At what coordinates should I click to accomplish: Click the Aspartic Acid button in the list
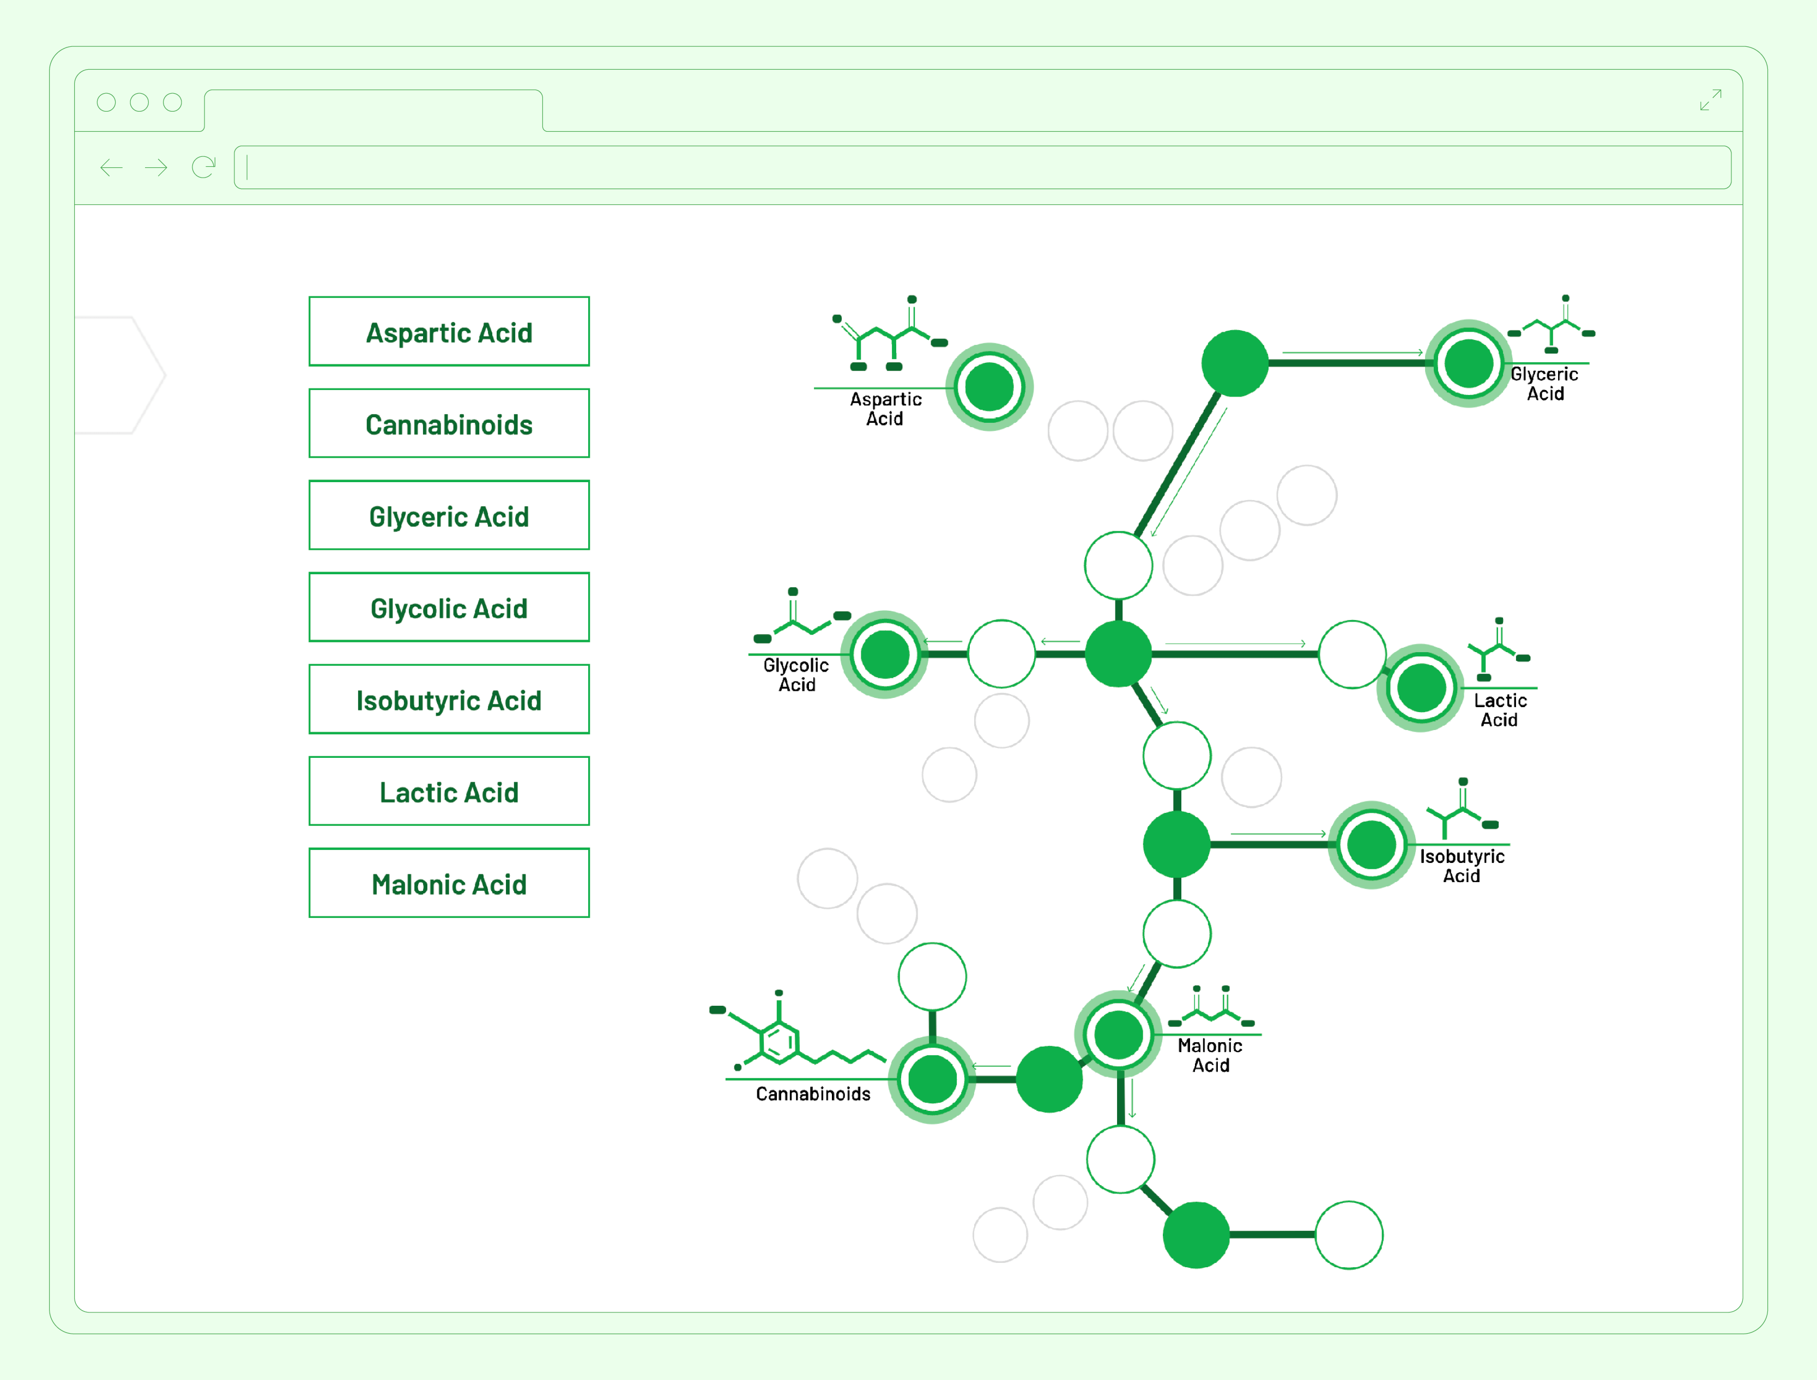click(449, 332)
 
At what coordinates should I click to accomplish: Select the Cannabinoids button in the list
click(449, 424)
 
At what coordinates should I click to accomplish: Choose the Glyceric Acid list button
click(449, 516)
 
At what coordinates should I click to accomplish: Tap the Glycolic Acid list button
click(449, 608)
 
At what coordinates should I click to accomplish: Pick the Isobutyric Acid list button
click(449, 700)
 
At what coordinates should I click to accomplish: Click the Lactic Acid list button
click(449, 792)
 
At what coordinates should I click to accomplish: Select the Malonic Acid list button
click(449, 884)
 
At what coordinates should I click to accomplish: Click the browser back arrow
click(111, 168)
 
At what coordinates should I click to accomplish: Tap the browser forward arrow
click(156, 168)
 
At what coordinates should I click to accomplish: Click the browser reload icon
click(203, 168)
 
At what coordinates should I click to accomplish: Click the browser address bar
click(982, 168)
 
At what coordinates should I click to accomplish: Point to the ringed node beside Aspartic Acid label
click(988, 387)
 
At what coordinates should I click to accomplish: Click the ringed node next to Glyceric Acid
click(1468, 363)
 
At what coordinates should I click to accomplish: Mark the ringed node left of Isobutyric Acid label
click(1371, 844)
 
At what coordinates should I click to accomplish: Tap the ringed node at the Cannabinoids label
click(932, 1079)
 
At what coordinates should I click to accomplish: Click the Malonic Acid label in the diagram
click(1210, 1055)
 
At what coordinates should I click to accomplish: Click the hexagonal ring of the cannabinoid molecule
click(778, 1042)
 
